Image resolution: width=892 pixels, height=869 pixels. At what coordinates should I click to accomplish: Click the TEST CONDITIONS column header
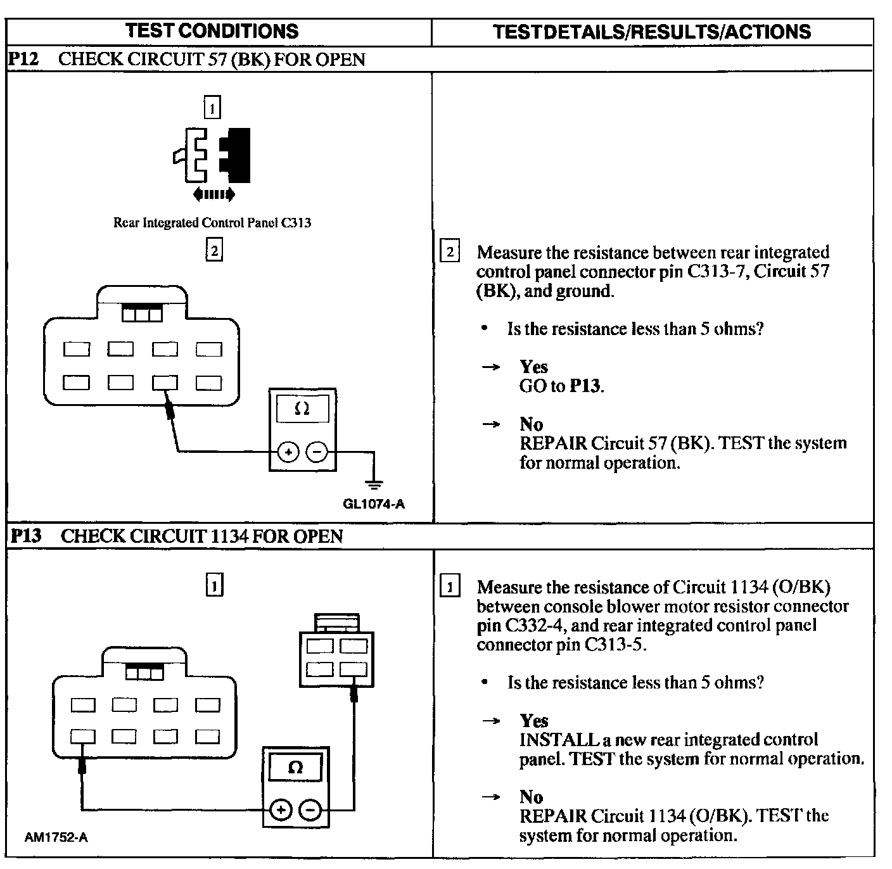[x=212, y=31]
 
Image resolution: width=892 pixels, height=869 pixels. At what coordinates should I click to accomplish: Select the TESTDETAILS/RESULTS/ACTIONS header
[x=652, y=32]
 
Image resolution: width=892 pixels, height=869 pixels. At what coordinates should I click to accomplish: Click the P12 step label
[x=24, y=60]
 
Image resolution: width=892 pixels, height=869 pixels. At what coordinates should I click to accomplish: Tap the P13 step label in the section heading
[x=26, y=536]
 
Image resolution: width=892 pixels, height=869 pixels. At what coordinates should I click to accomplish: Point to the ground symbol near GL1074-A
[x=374, y=485]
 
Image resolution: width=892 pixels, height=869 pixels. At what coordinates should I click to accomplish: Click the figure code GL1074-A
[x=374, y=504]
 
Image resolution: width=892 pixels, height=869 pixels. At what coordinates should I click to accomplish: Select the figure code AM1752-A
[x=56, y=837]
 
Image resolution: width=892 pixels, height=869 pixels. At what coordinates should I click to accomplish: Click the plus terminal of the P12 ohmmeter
[x=288, y=452]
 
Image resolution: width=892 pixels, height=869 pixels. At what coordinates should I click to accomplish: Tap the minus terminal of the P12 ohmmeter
[x=317, y=452]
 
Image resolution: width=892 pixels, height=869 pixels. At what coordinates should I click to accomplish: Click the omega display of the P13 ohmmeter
[x=295, y=768]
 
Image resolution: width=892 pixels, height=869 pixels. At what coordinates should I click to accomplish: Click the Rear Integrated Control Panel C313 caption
[x=212, y=223]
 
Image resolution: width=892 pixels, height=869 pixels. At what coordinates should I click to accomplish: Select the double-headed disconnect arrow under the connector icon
[x=213, y=194]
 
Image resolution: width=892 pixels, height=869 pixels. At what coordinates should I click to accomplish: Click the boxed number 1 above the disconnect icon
[x=212, y=108]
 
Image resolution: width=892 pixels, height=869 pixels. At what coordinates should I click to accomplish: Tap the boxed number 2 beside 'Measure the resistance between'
[x=450, y=252]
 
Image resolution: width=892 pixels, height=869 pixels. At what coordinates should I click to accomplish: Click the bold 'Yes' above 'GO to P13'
[x=533, y=367]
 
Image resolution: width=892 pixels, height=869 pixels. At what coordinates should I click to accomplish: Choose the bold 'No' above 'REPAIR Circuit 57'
[x=531, y=424]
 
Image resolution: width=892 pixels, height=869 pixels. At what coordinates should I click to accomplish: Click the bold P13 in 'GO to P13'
[x=585, y=386]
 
